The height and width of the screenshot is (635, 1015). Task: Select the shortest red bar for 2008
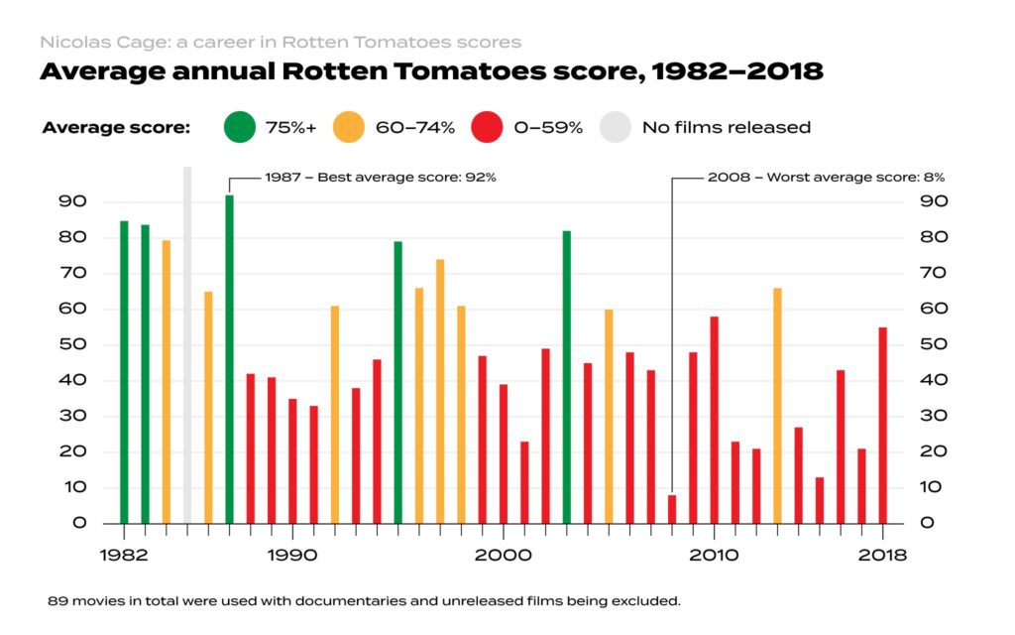click(671, 509)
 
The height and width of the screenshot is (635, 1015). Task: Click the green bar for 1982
click(124, 372)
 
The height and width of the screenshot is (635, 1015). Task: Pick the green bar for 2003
click(566, 377)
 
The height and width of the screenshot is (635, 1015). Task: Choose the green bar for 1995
click(397, 382)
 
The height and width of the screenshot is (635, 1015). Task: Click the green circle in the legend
click(238, 127)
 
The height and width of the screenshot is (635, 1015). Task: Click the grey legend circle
click(617, 127)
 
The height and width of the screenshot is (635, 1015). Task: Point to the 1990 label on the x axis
click(289, 556)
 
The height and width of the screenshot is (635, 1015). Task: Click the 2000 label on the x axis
click(504, 556)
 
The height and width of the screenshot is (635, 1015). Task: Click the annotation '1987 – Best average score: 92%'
click(380, 178)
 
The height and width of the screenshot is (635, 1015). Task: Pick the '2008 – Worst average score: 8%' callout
click(826, 178)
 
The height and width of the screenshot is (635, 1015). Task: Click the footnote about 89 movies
click(364, 601)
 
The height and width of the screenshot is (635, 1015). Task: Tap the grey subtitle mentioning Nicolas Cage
click(280, 42)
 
